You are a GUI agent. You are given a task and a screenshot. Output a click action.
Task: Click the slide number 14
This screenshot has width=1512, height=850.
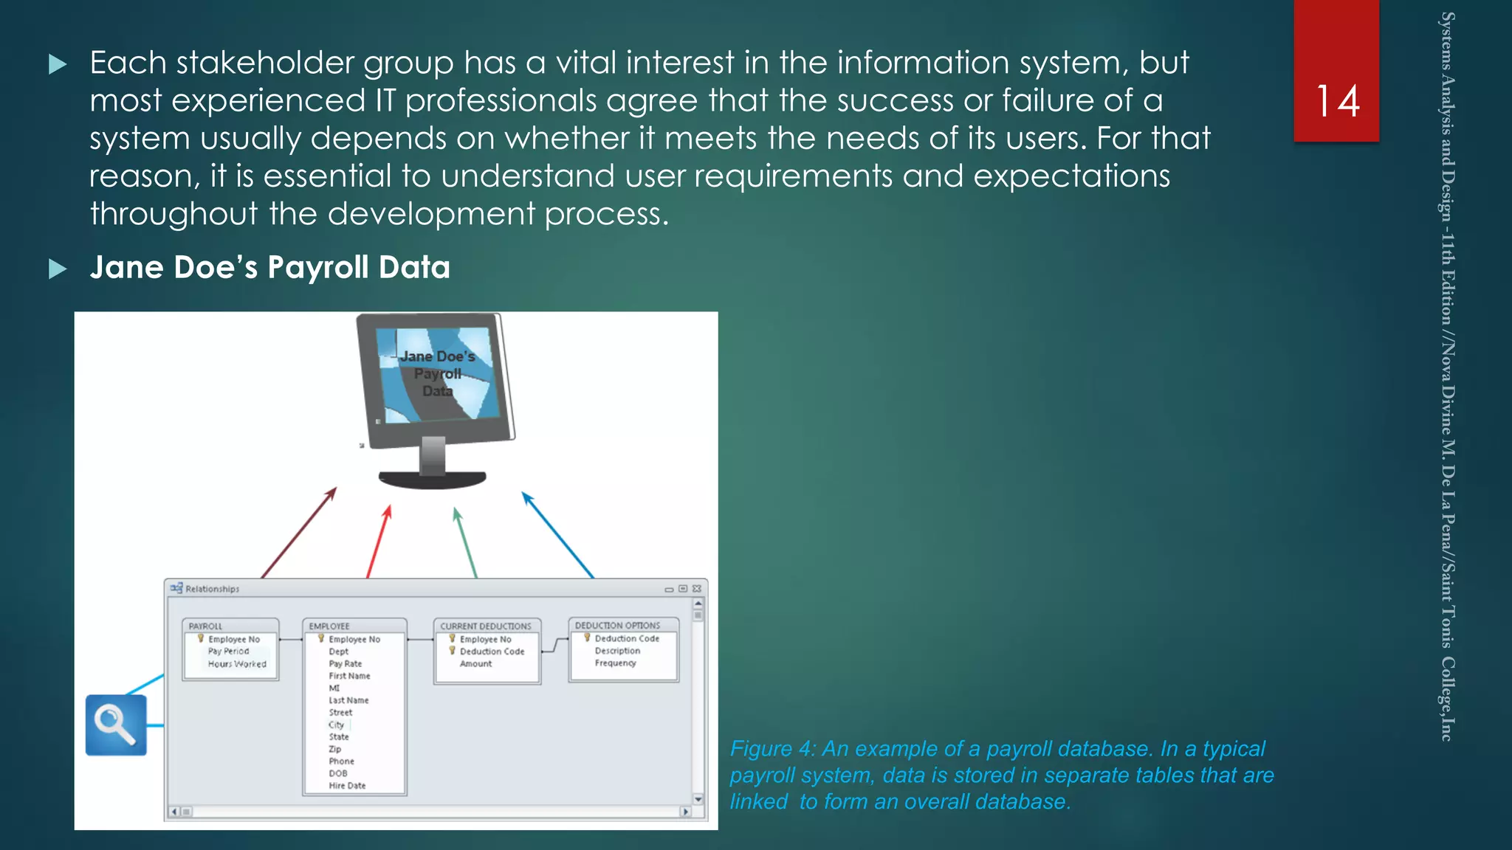pyautogui.click(x=1337, y=101)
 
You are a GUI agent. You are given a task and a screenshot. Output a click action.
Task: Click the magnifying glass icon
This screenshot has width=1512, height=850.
pyautogui.click(x=116, y=725)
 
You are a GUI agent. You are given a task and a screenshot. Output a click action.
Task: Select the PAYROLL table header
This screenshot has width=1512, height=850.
pyautogui.click(x=205, y=626)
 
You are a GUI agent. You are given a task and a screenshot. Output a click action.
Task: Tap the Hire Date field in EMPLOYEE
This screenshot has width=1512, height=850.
pyautogui.click(x=347, y=786)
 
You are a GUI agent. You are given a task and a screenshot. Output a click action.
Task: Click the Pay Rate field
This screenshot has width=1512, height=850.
pyautogui.click(x=345, y=664)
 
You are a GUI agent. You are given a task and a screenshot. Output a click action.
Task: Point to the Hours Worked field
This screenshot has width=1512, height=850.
pyautogui.click(x=237, y=664)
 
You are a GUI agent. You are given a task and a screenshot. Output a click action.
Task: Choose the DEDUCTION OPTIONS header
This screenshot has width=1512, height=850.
pyautogui.click(x=617, y=625)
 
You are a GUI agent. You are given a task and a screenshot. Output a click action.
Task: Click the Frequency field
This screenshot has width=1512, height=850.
pyautogui.click(x=615, y=663)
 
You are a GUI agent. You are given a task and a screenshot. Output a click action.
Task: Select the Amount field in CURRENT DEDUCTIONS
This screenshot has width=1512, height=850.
pyautogui.click(x=475, y=664)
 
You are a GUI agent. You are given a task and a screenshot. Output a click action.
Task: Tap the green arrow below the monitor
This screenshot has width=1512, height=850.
pyautogui.click(x=466, y=542)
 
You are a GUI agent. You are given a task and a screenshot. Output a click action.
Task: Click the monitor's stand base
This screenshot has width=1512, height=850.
pyautogui.click(x=432, y=479)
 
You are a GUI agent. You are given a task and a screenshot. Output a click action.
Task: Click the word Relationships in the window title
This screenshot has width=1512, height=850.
pyautogui.click(x=212, y=589)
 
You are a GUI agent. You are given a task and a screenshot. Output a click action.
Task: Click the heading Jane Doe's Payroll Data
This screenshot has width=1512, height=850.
pyautogui.click(x=269, y=267)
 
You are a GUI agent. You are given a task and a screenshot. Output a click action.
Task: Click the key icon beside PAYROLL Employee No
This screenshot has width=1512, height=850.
pyautogui.click(x=200, y=639)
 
